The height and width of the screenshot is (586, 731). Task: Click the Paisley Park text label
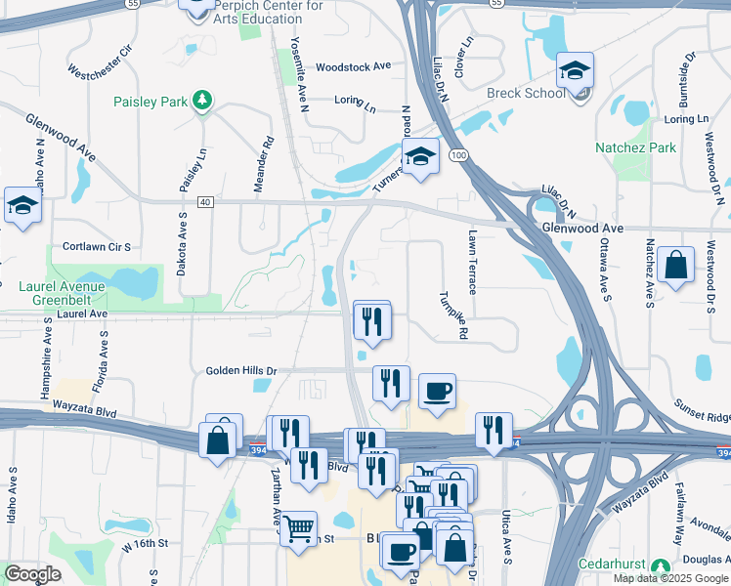point(149,101)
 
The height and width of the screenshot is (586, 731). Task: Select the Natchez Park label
point(635,147)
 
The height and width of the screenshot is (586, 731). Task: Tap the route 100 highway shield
point(457,156)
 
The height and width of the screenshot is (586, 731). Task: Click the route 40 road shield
point(204,202)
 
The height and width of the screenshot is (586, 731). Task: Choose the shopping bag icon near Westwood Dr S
point(675,265)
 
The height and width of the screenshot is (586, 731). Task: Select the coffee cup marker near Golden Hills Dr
point(437,392)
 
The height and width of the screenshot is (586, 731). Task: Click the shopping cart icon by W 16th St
point(298,528)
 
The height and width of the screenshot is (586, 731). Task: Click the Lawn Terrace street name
point(471,262)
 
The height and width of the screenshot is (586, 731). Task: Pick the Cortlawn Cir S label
point(96,247)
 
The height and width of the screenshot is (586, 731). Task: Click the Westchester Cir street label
point(99,60)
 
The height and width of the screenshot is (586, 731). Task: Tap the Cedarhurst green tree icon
point(662,566)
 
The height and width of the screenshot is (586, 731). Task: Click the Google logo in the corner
point(32,574)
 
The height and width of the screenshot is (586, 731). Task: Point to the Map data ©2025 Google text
point(670,578)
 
